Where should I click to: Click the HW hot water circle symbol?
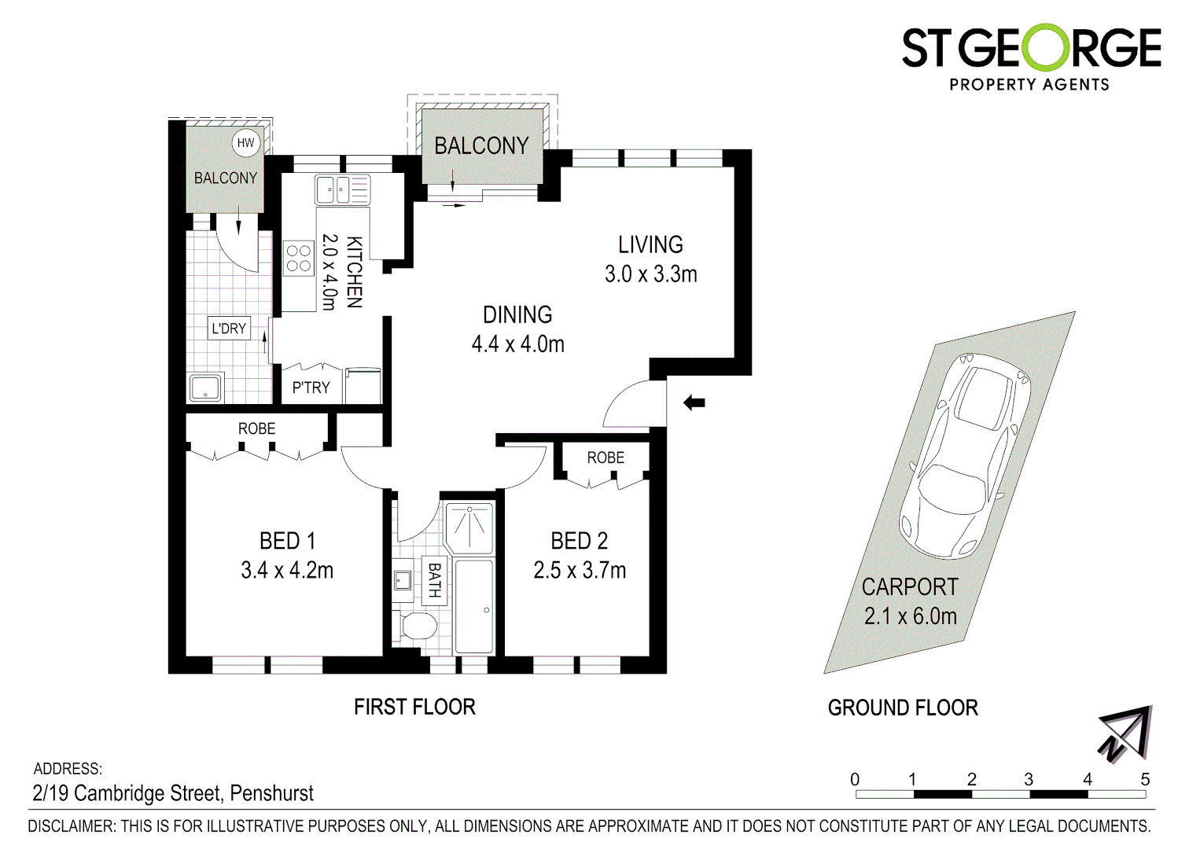click(246, 142)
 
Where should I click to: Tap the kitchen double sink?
click(342, 190)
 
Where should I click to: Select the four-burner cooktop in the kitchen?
click(299, 258)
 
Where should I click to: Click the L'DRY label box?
click(229, 329)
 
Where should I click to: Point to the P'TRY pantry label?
click(311, 388)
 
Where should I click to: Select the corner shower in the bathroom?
click(469, 526)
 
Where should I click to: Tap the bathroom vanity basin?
click(403, 580)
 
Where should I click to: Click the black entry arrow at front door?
click(694, 403)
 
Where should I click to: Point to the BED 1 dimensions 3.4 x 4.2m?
click(287, 570)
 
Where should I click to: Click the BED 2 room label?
click(579, 541)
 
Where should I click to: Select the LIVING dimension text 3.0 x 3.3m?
click(650, 274)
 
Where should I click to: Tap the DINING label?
click(517, 314)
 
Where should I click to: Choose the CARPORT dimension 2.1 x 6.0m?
click(910, 616)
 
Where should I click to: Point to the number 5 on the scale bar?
click(1145, 779)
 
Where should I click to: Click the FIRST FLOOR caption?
click(414, 707)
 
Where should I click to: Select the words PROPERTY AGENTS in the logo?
click(1029, 84)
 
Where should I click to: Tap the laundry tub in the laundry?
click(206, 388)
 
